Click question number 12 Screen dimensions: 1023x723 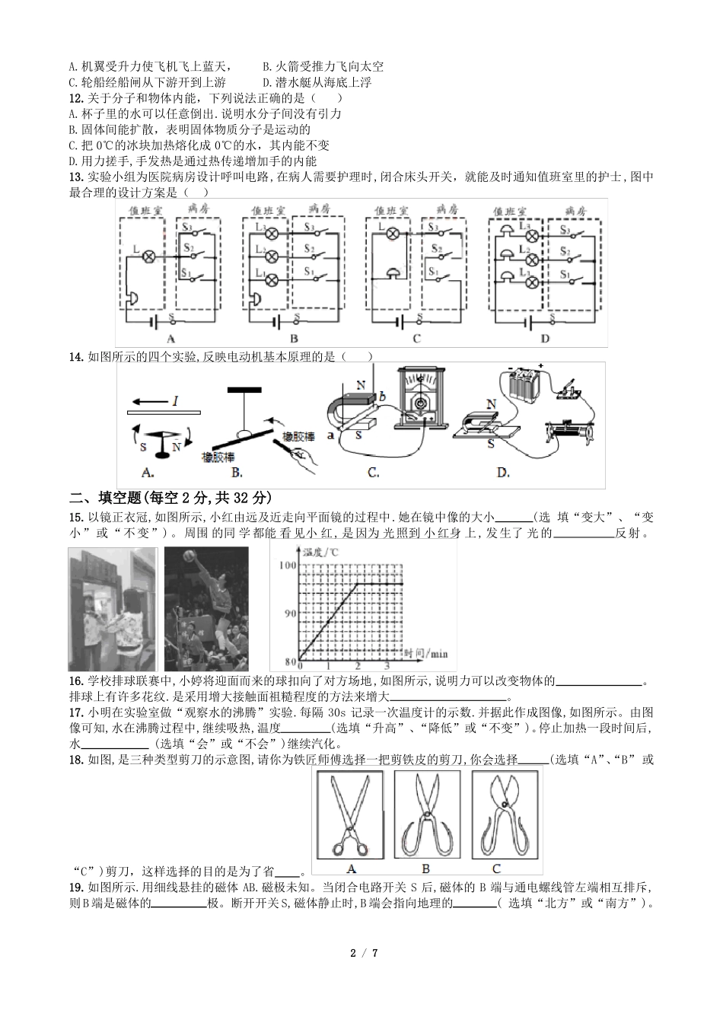click(75, 98)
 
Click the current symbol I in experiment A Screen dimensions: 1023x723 click(174, 400)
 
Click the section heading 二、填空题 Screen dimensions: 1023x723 click(115, 499)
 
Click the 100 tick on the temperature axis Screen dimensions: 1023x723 click(287, 565)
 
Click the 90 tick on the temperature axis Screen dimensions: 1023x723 click(287, 613)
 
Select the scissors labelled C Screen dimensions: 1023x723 click(496, 822)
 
